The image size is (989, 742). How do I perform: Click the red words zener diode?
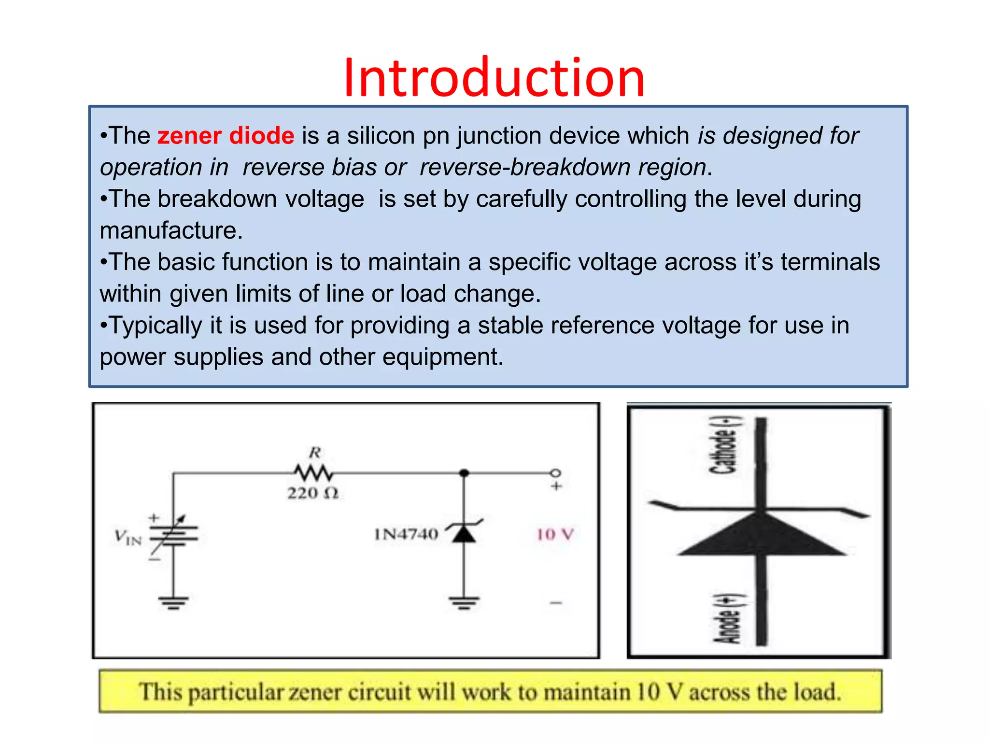pyautogui.click(x=226, y=136)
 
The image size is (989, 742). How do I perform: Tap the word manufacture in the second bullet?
pyautogui.click(x=171, y=230)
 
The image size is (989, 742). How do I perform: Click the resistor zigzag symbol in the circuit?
pyautogui.click(x=314, y=472)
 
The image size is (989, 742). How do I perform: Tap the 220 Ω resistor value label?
pyautogui.click(x=313, y=493)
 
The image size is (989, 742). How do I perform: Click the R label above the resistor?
pyautogui.click(x=315, y=453)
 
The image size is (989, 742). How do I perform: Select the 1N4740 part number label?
pyautogui.click(x=406, y=534)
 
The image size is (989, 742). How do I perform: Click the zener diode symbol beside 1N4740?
pyautogui.click(x=464, y=532)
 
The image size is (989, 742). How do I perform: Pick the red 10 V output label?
pyautogui.click(x=555, y=534)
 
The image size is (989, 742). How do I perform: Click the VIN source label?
pyautogui.click(x=128, y=537)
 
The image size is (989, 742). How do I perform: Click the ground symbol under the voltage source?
pyautogui.click(x=173, y=602)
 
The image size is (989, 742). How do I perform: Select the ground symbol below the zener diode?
pyautogui.click(x=464, y=602)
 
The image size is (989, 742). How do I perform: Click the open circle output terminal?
pyautogui.click(x=556, y=472)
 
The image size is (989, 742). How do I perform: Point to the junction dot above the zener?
pyautogui.click(x=464, y=473)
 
